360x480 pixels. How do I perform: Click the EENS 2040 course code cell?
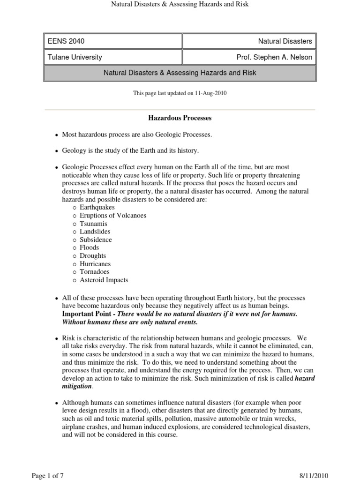(66, 41)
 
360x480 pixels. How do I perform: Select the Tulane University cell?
(75, 57)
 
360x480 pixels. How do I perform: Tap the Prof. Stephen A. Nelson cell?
(274, 57)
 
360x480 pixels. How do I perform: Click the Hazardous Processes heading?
(180, 118)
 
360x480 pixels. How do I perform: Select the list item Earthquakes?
(97, 207)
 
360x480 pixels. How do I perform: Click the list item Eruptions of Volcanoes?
(113, 216)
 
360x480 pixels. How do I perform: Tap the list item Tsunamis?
(93, 224)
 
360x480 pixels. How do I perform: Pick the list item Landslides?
(95, 232)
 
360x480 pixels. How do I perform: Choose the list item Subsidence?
(96, 240)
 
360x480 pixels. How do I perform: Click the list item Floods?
(89, 247)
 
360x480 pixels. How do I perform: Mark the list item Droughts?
(93, 256)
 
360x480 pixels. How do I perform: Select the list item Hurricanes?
(95, 264)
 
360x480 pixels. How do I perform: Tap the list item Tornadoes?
(95, 272)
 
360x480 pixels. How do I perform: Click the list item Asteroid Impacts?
(104, 280)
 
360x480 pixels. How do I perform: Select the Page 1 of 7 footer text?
(47, 476)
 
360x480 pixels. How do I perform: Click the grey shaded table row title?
(180, 73)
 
